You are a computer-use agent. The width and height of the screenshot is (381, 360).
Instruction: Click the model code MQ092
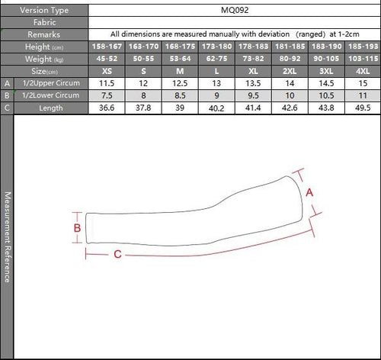click(x=235, y=10)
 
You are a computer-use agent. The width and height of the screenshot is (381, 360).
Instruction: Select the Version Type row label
click(x=44, y=11)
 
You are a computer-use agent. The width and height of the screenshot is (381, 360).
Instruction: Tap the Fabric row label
click(x=44, y=22)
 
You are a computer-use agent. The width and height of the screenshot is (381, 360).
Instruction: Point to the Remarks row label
click(x=44, y=34)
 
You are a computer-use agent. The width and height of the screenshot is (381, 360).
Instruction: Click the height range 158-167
click(x=107, y=47)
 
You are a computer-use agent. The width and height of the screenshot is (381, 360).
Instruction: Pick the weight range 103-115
click(x=363, y=59)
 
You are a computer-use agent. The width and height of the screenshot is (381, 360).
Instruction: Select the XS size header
click(x=107, y=71)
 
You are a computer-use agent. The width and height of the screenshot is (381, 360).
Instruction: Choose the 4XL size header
click(x=363, y=71)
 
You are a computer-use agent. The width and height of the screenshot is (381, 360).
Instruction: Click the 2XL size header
click(x=290, y=71)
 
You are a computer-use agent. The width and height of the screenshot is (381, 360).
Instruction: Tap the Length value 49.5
click(x=363, y=108)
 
